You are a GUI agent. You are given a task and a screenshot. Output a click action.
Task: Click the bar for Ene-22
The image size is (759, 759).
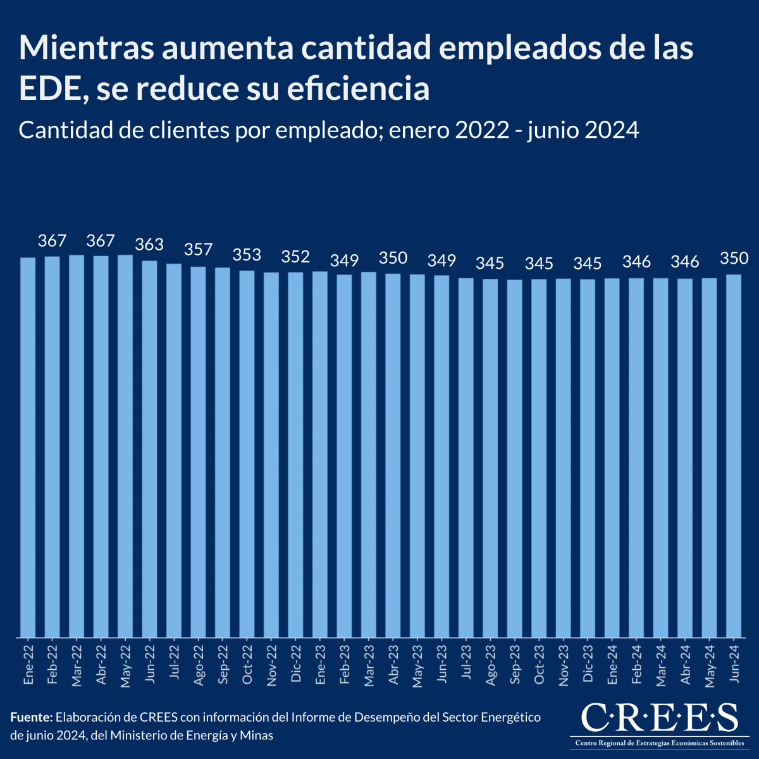coord(28,447)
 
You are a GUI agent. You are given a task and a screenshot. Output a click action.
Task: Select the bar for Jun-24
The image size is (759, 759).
coord(734,455)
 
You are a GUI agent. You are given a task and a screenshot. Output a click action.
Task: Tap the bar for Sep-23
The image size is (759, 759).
coord(515,458)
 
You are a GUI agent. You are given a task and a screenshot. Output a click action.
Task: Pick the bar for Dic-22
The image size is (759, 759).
coord(295,454)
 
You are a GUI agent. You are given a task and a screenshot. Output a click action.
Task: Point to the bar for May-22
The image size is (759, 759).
coord(125,446)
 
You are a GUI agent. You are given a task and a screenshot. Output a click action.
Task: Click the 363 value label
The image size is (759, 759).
coord(149,244)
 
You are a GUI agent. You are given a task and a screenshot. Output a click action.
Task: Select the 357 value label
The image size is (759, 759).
coord(198,250)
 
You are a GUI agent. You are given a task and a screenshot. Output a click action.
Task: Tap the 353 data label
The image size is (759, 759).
coord(247,255)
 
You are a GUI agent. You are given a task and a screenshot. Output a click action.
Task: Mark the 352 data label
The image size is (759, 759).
coord(295,256)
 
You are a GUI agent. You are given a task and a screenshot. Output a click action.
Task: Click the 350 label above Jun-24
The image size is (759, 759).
coord(734,258)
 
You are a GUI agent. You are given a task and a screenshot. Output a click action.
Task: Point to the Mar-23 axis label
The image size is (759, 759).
coord(369,665)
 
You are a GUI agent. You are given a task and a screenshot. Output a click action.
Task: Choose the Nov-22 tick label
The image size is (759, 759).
coord(271,666)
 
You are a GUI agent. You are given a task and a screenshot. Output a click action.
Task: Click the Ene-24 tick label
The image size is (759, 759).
coord(612,665)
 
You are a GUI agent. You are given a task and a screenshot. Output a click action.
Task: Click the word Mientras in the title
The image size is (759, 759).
coord(86,48)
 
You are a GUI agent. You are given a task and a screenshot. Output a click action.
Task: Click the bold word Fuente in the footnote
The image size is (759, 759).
coord(31,717)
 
